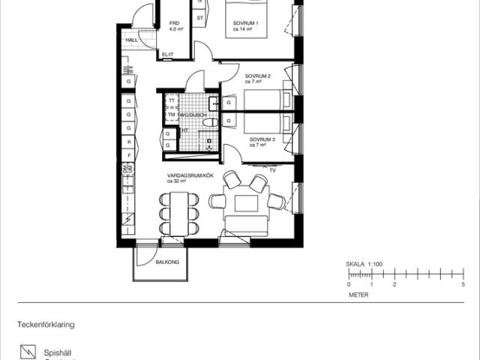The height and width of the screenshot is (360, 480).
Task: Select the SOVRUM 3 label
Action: tap(262, 139)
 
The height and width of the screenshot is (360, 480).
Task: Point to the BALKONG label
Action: tap(166, 262)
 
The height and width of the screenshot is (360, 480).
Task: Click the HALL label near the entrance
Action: tap(132, 40)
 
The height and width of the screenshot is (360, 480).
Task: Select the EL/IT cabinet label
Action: tap(167, 55)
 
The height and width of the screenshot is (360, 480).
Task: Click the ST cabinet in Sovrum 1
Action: tap(200, 16)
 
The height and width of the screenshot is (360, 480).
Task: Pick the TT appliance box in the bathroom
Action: tap(171, 100)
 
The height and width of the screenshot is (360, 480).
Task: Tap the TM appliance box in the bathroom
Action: tap(171, 115)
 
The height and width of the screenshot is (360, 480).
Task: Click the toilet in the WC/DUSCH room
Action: tap(210, 121)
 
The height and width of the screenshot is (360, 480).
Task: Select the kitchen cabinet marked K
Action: tap(129, 141)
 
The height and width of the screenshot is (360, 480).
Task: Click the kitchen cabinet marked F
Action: tap(129, 155)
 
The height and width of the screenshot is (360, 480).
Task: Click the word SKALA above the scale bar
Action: tap(354, 265)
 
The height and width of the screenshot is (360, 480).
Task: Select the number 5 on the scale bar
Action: tap(463, 285)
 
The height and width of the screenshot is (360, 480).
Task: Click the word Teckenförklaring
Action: tap(46, 325)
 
